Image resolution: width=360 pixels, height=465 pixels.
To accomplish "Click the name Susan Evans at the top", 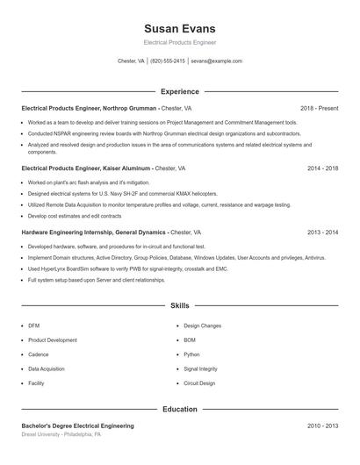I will coord(179,28).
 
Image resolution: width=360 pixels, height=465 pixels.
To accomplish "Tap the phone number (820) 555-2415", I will coord(168,61).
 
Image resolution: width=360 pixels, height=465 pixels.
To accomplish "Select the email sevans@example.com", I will coord(216,61).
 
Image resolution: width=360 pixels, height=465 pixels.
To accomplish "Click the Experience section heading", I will coord(179,91).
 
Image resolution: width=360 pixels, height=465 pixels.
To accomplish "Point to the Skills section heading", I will coord(179,305).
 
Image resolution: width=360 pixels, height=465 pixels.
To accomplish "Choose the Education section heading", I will coord(179,409).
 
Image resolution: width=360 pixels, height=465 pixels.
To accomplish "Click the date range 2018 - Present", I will coord(319,108).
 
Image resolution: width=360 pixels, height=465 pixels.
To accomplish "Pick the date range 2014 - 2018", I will coord(322,167).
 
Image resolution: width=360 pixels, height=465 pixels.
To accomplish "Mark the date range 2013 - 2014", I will coord(322,232).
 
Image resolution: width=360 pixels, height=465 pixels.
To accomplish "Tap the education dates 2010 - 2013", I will coord(322,426).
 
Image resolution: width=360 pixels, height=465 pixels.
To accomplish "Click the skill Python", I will coord(191,354).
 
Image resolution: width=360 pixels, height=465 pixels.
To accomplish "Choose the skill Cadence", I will coord(39,354).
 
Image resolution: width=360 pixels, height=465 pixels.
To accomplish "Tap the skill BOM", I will coord(190,340).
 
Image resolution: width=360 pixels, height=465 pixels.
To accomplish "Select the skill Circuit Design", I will coord(199,383).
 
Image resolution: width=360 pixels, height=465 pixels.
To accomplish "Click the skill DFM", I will coord(34,325).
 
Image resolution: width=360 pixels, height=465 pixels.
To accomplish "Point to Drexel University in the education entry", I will coord(41,434).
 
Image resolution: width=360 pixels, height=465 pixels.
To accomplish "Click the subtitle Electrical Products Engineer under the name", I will coord(179,42).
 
